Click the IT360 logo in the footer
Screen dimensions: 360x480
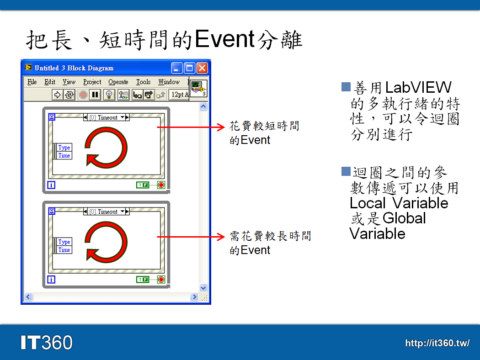46,342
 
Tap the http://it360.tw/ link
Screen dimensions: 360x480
437,343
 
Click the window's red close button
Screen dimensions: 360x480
202,68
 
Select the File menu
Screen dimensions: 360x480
32,82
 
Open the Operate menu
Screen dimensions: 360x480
118,82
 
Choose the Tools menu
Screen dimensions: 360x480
143,82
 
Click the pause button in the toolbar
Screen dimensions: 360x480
95,95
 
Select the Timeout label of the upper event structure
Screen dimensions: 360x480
107,118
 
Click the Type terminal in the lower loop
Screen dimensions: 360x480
64,242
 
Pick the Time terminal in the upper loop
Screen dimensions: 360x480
64,156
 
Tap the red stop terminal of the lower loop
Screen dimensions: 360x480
161,280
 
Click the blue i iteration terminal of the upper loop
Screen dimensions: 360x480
51,185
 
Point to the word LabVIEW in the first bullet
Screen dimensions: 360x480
412,87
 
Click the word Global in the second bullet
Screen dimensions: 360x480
404,218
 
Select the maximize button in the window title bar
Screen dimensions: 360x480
190,68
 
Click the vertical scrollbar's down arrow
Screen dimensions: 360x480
203,288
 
